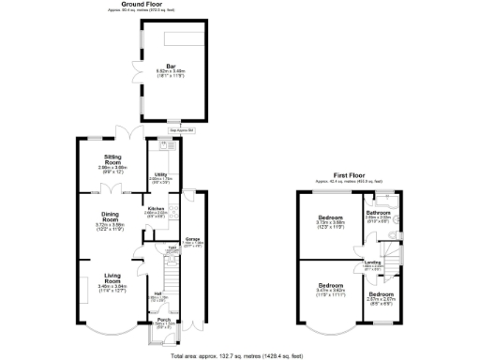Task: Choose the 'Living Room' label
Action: (x=112, y=278)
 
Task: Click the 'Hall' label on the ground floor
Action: (x=157, y=296)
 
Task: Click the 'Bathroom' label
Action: (x=379, y=213)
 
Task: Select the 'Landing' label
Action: (x=373, y=262)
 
